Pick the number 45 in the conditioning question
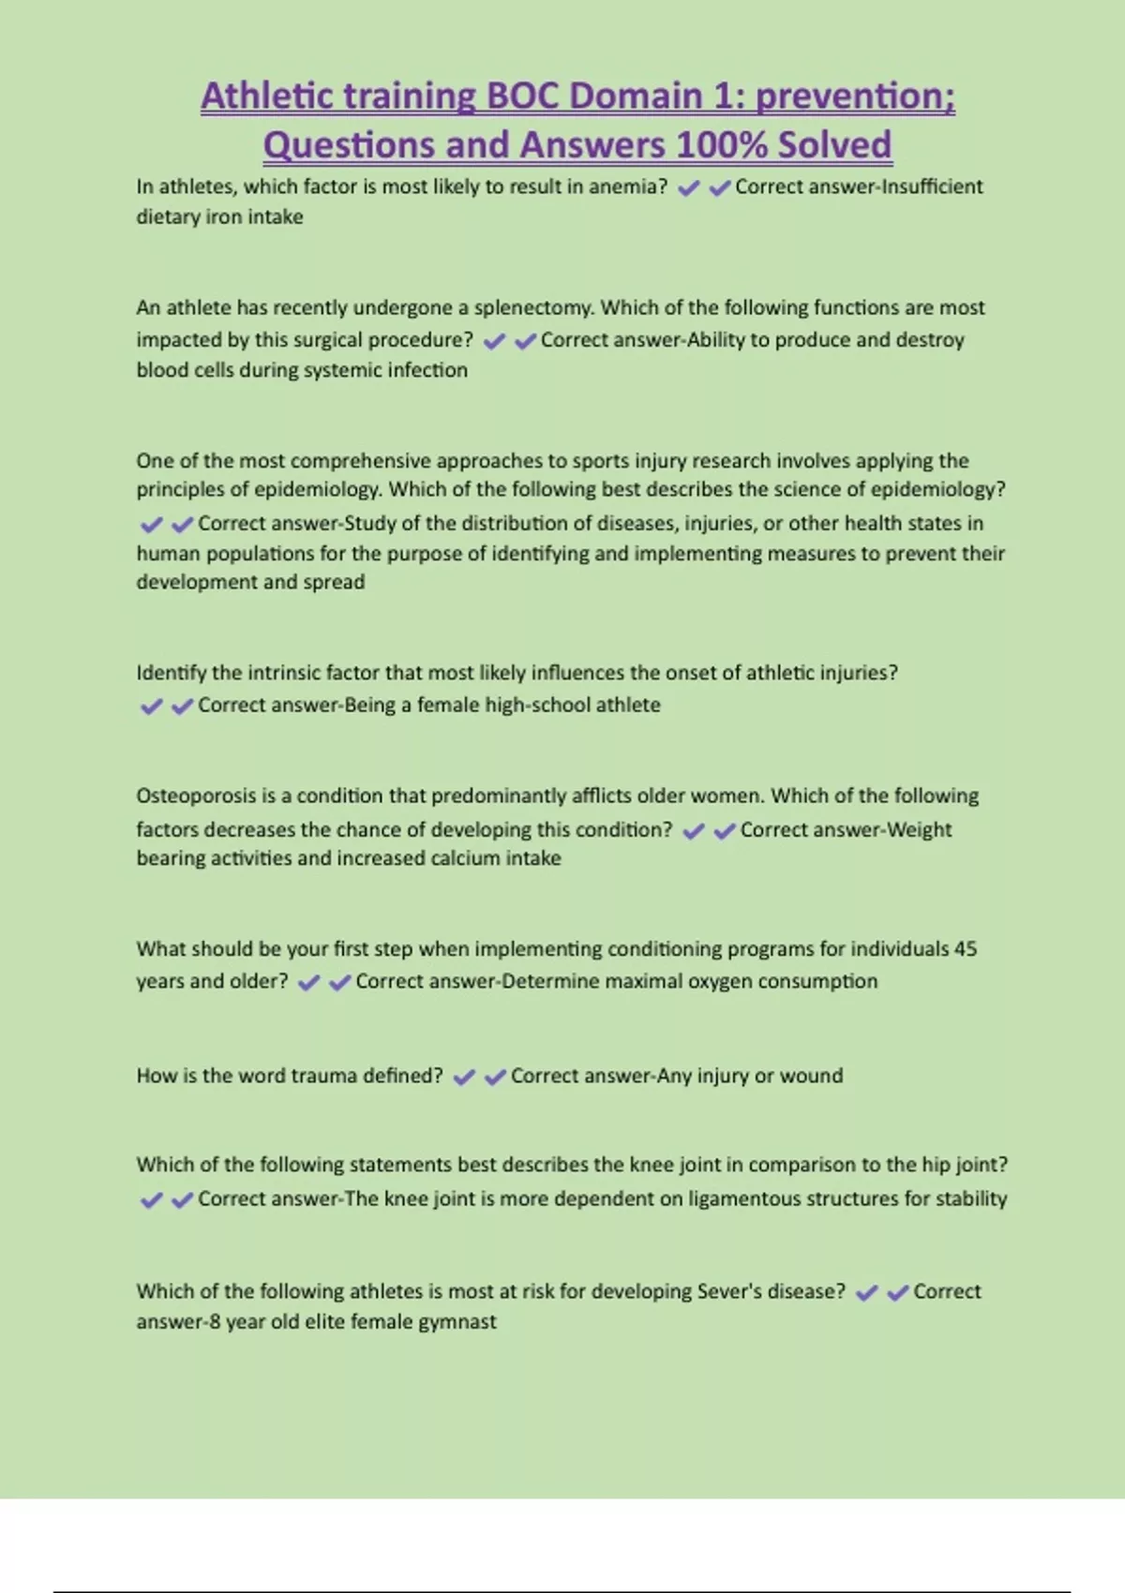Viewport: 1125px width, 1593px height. coord(965,948)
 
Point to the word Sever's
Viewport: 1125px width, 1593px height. coord(728,1291)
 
